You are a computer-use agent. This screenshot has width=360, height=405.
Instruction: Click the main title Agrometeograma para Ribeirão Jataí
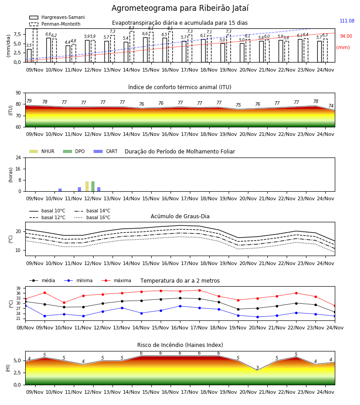pyautogui.click(x=180, y=8)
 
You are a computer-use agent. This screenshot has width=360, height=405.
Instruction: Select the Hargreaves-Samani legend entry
pyautogui.click(x=57, y=17)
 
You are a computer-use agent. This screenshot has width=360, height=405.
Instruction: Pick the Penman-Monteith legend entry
pyautogui.click(x=55, y=24)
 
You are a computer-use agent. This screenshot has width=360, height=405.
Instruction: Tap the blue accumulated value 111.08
pyautogui.click(x=347, y=21)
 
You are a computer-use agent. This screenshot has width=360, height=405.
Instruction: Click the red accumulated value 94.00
pyautogui.click(x=346, y=36)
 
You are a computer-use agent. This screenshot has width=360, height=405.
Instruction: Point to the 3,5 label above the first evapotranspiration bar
pyautogui.click(x=29, y=45)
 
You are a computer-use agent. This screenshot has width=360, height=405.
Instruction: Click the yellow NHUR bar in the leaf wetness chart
pyautogui.click(x=87, y=186)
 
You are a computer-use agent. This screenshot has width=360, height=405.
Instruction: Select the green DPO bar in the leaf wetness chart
pyautogui.click(x=93, y=186)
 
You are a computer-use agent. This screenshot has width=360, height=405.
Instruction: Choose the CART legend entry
pyautogui.click(x=106, y=151)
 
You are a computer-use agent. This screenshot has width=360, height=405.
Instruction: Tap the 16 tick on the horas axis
pyautogui.click(x=18, y=169)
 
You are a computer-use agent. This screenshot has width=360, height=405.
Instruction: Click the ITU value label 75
pyautogui.click(x=238, y=105)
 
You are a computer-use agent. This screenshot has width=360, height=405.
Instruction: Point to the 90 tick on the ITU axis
pyautogui.click(x=18, y=93)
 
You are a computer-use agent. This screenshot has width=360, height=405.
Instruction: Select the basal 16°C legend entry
pyautogui.click(x=92, y=217)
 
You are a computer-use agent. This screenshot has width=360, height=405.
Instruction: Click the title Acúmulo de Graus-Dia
pyautogui.click(x=180, y=216)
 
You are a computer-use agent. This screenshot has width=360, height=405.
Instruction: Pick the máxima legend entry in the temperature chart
pyautogui.click(x=116, y=280)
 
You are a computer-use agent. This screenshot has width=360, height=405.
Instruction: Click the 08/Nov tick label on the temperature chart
pyautogui.click(x=25, y=328)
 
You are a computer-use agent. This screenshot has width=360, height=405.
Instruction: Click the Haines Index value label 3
pyautogui.click(x=257, y=368)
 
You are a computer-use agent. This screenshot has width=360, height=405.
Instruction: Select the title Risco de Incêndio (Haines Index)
pyautogui.click(x=180, y=345)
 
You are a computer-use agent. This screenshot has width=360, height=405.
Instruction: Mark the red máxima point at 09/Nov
pyautogui.click(x=45, y=292)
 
